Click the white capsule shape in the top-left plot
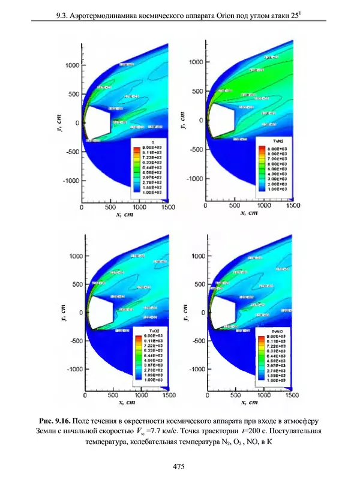(98, 122)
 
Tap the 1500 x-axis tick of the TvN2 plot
(293, 205)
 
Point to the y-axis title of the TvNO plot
(187, 313)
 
